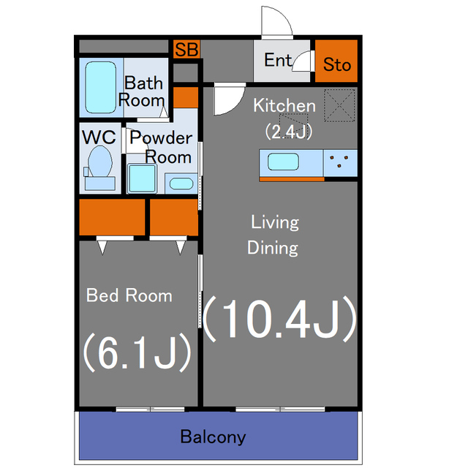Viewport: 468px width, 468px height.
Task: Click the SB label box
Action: coord(186,49)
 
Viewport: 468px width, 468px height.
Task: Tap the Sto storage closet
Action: coord(336,61)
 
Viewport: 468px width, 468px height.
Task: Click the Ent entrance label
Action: coord(278,60)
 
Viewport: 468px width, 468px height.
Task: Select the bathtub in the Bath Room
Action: coord(101,87)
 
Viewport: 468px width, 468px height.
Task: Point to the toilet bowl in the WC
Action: coord(100,162)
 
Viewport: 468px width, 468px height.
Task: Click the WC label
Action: coord(99,137)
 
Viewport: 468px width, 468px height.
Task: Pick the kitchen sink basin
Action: coord(283,162)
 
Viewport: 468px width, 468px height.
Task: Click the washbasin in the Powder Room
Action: coord(181,184)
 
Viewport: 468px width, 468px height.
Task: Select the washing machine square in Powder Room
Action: coord(143,178)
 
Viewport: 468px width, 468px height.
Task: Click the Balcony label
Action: coord(213,437)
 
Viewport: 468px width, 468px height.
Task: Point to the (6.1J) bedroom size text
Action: coord(137,352)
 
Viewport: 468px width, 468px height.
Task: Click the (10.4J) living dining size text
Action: coord(279,319)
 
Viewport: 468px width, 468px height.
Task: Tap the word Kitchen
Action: coord(284,105)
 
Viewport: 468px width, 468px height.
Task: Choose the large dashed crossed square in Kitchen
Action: coord(339,105)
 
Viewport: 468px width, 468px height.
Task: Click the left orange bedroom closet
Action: coord(112,217)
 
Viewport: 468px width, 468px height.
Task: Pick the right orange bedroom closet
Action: coord(174,217)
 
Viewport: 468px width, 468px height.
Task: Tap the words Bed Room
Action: coord(129,295)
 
